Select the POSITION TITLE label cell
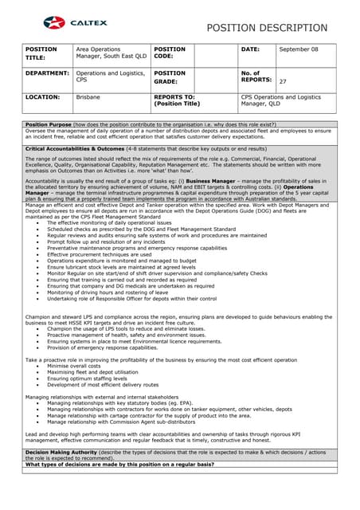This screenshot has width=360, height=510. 41,53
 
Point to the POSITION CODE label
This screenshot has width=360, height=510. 170,53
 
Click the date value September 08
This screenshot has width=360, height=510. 299,49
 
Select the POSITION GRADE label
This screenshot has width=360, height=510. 170,77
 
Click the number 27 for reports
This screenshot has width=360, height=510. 283,81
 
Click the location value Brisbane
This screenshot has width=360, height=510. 88,97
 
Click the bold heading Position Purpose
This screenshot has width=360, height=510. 51,125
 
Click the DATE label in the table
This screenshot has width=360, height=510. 250,49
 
